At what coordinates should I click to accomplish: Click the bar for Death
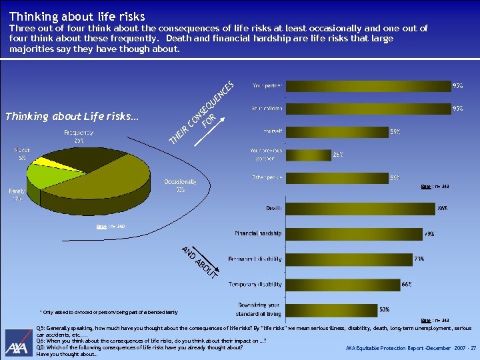tap(359, 209)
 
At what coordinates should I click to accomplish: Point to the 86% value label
tap(442, 209)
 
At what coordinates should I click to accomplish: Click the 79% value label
tap(429, 234)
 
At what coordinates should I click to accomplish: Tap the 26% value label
tap(338, 155)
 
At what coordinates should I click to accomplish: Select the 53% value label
tap(385, 309)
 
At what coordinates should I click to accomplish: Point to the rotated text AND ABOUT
tap(199, 262)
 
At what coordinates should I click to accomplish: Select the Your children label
tap(267, 109)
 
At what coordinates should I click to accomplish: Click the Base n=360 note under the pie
tap(110, 227)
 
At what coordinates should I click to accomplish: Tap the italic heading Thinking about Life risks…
tap(72, 117)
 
